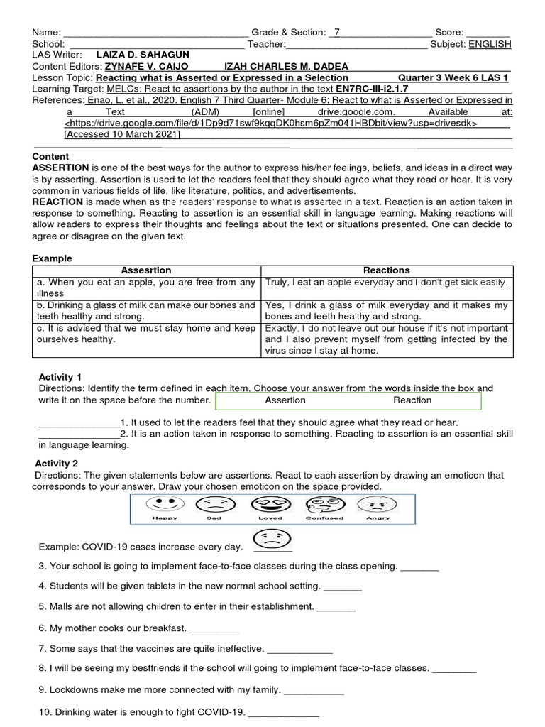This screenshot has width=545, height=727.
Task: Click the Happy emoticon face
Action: (165, 505)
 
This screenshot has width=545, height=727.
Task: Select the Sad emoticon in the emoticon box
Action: (214, 505)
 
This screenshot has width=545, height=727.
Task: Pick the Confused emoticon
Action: (324, 505)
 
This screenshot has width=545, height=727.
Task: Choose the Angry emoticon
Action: (378, 505)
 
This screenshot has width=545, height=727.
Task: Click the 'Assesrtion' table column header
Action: (146, 270)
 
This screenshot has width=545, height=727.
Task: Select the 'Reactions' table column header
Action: (387, 270)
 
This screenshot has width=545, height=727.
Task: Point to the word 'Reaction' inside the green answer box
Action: (412, 400)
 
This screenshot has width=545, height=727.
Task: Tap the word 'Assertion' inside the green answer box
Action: (285, 400)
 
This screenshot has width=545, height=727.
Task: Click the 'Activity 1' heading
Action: (60, 377)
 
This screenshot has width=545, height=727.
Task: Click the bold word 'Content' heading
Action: (50, 156)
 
